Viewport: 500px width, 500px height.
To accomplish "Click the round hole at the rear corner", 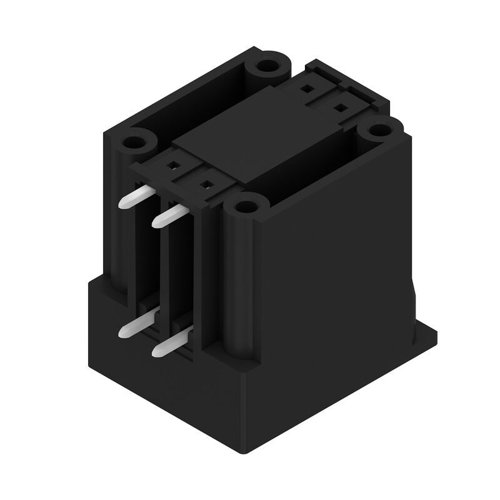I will point(269,65).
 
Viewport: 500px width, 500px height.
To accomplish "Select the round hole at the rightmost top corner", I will point(377,131).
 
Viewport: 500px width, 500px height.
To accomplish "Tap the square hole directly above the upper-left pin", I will point(172,166).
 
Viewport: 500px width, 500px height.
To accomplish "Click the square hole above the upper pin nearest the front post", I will point(204,184).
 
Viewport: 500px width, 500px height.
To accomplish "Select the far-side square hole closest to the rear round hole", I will point(307,89).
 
